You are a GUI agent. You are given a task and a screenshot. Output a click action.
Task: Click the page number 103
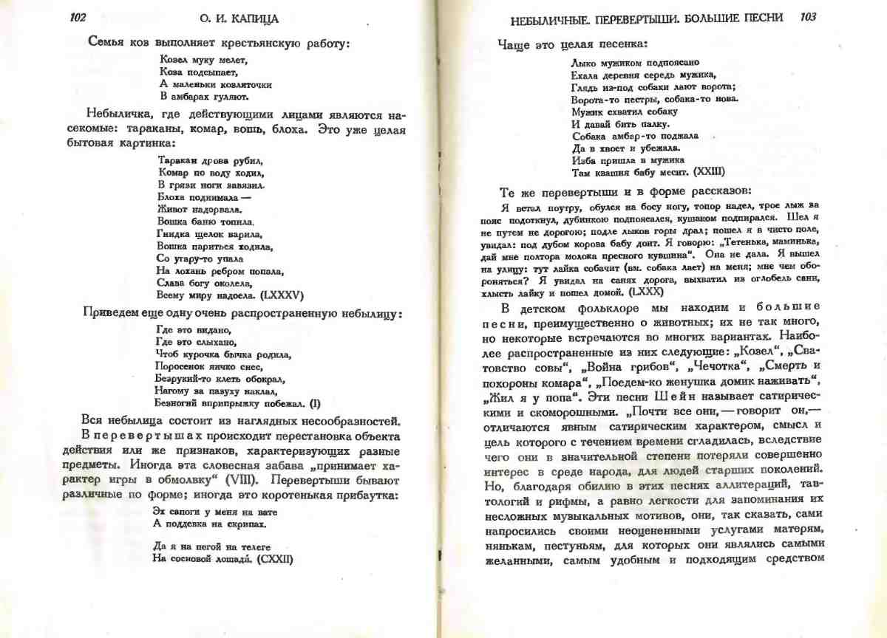pos(808,17)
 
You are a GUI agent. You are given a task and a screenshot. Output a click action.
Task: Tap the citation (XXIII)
pos(711,171)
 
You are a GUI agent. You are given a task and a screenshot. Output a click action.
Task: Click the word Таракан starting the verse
pos(176,159)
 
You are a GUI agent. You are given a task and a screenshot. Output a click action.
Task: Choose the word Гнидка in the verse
pos(174,233)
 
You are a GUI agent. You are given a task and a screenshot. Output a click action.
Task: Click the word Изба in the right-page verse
pos(583,159)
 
